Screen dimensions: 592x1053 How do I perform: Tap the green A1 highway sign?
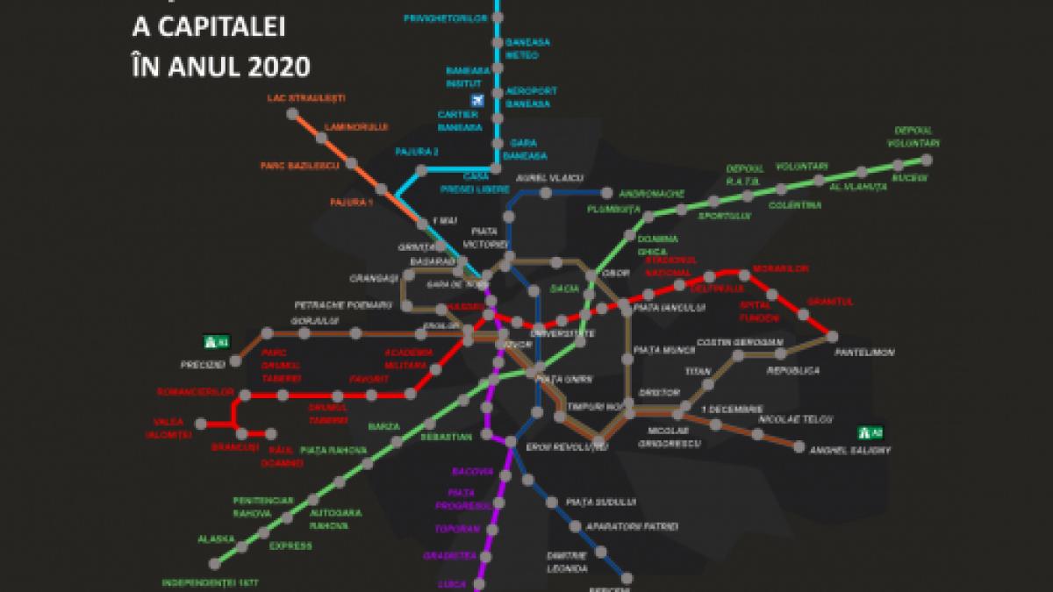click(211, 341)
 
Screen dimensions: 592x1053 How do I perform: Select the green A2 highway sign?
click(865, 432)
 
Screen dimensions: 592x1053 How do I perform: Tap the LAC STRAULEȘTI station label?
click(306, 97)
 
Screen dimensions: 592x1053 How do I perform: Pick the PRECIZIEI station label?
click(203, 363)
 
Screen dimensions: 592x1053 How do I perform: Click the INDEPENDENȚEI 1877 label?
click(211, 582)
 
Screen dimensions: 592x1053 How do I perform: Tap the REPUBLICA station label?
click(792, 371)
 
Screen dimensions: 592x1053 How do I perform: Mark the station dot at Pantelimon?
click(831, 336)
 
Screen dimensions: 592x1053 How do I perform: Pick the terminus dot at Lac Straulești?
click(290, 112)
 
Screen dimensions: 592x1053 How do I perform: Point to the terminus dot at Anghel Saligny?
click(799, 447)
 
